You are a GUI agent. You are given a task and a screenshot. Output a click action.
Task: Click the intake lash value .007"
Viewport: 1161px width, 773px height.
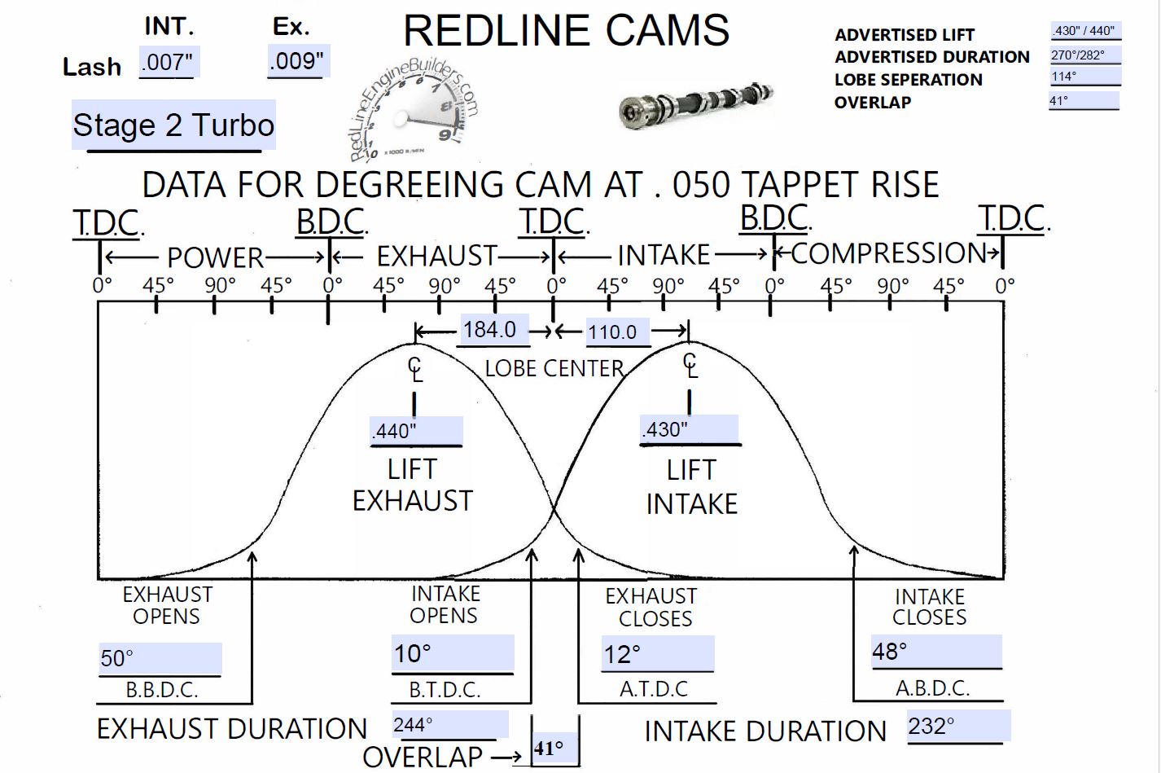point(169,62)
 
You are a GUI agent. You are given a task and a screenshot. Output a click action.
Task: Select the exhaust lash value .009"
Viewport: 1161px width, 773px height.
point(297,62)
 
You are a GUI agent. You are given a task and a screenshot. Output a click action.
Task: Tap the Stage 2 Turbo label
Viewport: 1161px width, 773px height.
point(173,125)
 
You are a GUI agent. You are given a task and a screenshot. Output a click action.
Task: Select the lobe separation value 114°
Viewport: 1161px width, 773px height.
point(1084,77)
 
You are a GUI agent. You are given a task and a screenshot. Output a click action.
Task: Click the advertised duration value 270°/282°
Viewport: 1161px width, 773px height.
point(1084,56)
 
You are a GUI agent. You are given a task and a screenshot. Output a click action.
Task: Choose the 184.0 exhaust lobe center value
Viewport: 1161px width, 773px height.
point(490,330)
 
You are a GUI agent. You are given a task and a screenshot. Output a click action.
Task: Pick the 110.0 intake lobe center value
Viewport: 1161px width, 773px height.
point(613,332)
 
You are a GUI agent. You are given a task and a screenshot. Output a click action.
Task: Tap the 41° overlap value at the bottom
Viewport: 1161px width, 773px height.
point(549,749)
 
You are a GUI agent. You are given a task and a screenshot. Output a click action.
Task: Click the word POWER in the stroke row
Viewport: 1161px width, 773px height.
point(215,257)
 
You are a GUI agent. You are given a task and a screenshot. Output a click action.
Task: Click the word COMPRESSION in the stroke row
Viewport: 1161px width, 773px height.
point(888,253)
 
